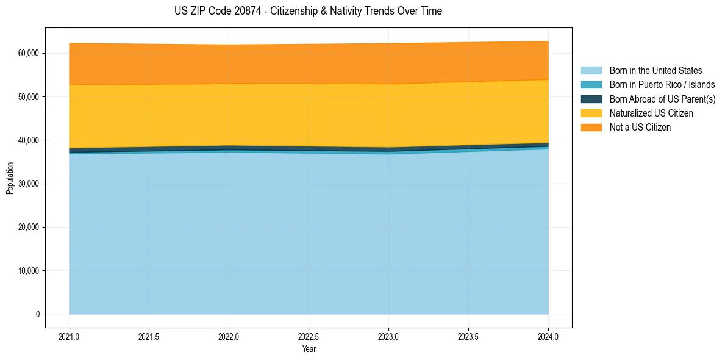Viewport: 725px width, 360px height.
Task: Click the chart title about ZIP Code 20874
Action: pos(308,11)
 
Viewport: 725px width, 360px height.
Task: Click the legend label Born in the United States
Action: pos(655,71)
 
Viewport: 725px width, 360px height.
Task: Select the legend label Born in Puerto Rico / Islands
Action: pos(662,85)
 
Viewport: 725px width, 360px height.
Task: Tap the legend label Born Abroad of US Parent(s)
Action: pos(662,99)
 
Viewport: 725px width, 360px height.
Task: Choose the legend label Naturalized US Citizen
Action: pos(651,113)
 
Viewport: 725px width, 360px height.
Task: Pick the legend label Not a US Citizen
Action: pos(640,128)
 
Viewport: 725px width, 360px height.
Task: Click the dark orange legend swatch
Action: pos(591,128)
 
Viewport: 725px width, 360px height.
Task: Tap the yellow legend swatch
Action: pos(591,113)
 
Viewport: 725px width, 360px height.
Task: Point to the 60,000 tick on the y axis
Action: pos(28,54)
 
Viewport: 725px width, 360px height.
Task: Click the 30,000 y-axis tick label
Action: pos(28,184)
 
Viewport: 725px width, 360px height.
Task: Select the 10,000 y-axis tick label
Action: pos(28,271)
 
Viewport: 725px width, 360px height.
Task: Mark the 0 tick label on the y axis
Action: pos(37,314)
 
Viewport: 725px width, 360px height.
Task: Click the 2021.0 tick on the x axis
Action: pos(70,336)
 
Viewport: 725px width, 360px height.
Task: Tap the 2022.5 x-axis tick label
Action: pos(309,336)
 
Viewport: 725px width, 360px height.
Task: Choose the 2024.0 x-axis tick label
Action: pos(548,336)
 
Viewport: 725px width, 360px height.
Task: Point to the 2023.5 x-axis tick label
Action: pos(468,336)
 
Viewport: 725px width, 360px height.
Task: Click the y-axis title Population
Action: pos(10,178)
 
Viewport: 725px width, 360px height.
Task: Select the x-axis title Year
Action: pos(309,350)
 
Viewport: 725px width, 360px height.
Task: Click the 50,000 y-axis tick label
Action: pos(28,97)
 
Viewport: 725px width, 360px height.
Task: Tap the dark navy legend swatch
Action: pos(591,99)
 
